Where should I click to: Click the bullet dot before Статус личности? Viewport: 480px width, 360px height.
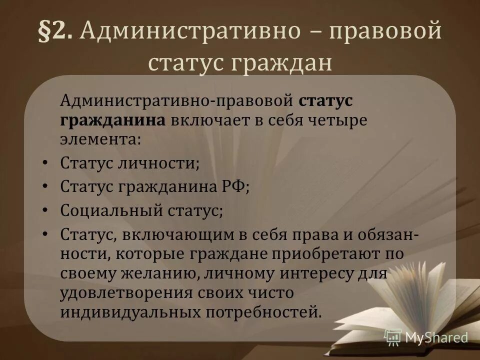point(45,162)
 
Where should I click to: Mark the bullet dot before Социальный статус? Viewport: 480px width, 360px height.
point(45,209)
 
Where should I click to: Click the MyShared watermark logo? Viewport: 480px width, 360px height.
point(426,337)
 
